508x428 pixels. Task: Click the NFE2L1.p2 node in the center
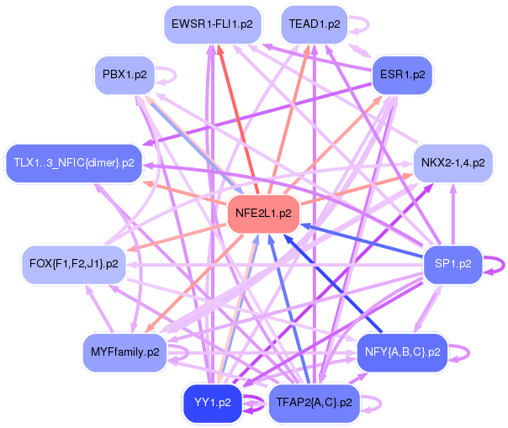click(x=263, y=214)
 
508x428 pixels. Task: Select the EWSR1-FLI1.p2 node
click(x=212, y=24)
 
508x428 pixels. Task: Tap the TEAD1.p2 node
click(x=315, y=24)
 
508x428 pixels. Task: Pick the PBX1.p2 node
click(x=124, y=75)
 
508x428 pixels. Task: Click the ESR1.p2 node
click(x=402, y=75)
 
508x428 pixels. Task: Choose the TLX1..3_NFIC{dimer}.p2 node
click(x=74, y=163)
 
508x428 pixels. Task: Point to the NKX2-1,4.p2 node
click(x=453, y=163)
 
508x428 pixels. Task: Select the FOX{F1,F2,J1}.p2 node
click(x=74, y=264)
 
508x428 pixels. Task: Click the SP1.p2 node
click(x=453, y=264)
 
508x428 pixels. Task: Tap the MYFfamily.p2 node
click(x=125, y=352)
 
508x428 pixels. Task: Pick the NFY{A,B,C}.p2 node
click(x=402, y=352)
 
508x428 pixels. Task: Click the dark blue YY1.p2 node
click(x=213, y=403)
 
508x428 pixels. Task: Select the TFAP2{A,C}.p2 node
click(x=315, y=403)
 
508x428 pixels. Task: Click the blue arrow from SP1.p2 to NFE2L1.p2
click(x=362, y=240)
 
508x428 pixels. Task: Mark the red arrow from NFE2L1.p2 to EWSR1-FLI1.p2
click(x=238, y=119)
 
